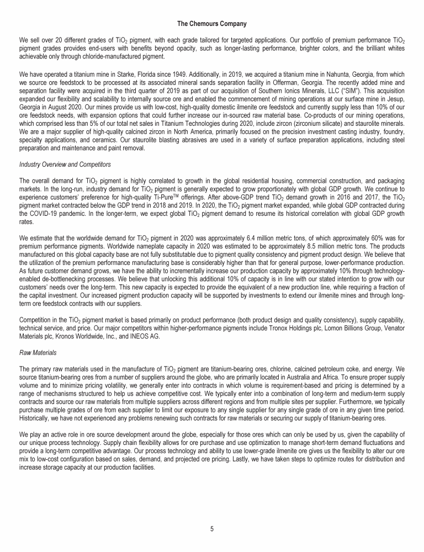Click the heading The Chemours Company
point(211,24)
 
